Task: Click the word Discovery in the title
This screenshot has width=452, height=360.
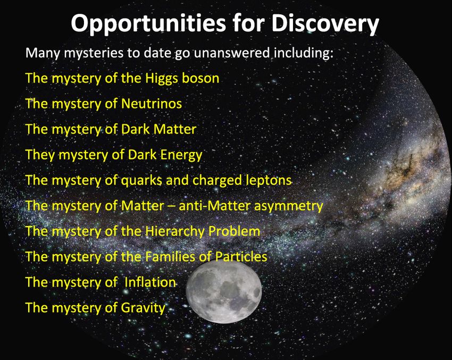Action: click(324, 23)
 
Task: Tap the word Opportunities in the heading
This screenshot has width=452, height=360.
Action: click(148, 23)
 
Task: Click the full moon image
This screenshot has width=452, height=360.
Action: click(224, 291)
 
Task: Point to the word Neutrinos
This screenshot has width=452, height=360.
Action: click(152, 104)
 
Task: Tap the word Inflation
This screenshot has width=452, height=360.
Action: click(150, 282)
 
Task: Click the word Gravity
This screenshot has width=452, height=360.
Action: click(143, 308)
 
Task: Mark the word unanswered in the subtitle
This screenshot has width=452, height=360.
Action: click(232, 53)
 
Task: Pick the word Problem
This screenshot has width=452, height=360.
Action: click(234, 231)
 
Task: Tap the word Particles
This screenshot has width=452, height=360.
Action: click(241, 256)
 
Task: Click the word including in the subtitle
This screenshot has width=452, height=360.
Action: click(303, 54)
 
